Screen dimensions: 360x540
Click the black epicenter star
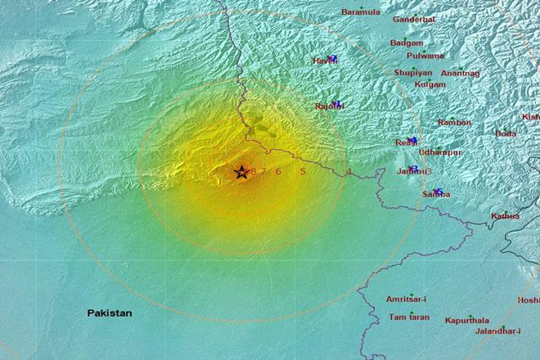pos(241,173)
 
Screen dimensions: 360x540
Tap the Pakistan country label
pos(110,313)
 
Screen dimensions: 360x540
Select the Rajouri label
pos(329,106)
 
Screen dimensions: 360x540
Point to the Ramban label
pos(454,123)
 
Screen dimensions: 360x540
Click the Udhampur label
pos(440,152)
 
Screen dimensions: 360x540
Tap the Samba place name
pos(437,194)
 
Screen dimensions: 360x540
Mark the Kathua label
pos(505,216)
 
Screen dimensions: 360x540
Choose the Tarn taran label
pos(409,317)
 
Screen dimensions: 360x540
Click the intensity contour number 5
pos(303,172)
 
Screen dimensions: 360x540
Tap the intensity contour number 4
pos(349,172)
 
